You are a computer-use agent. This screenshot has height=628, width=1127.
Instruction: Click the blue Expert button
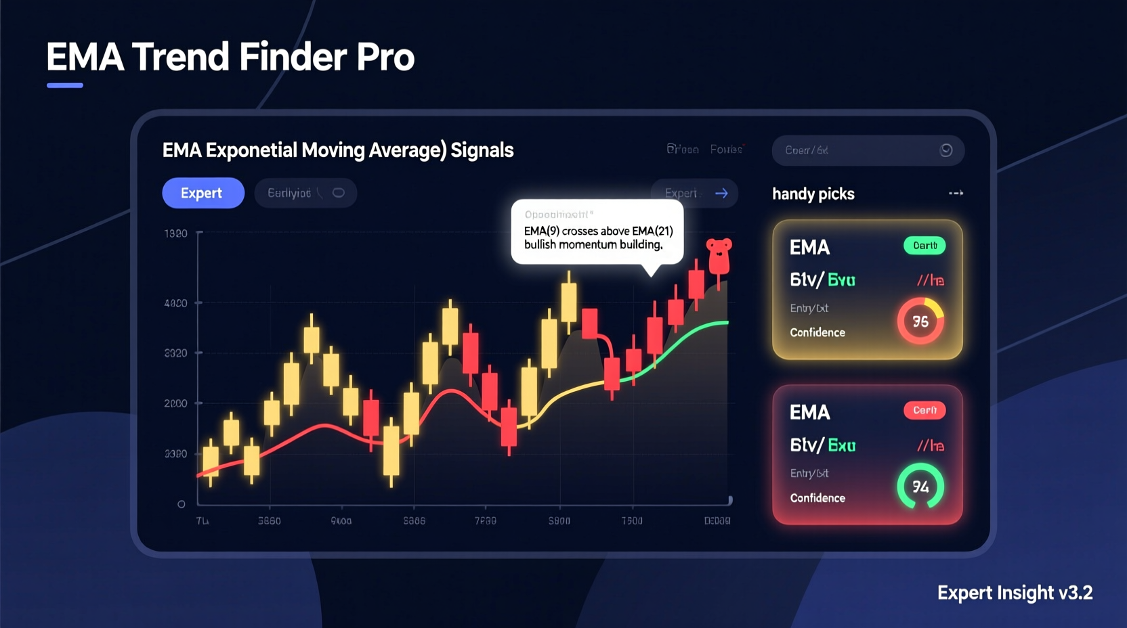click(203, 193)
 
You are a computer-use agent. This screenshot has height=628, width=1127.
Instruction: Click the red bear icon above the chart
click(719, 254)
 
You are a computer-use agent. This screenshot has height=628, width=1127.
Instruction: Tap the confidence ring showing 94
click(920, 486)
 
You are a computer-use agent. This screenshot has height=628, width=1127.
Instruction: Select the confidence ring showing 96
click(920, 321)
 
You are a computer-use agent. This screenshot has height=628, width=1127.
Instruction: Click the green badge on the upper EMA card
click(924, 246)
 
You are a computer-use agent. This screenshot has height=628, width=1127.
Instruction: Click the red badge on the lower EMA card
click(924, 410)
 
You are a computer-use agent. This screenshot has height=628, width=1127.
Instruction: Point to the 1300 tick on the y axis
click(176, 233)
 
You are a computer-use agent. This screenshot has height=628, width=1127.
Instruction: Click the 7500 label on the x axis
click(632, 520)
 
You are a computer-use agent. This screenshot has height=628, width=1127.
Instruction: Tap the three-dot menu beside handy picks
click(956, 194)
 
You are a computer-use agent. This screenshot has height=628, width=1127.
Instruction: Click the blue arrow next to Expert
click(721, 193)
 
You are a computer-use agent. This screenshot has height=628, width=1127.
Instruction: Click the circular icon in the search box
click(946, 150)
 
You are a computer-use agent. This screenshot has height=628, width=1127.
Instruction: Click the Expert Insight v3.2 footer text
click(1015, 593)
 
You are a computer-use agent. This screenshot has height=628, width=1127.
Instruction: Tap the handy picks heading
click(813, 194)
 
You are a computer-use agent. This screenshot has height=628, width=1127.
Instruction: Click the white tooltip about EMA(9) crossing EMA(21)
click(597, 232)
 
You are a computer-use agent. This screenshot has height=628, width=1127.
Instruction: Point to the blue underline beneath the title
click(65, 85)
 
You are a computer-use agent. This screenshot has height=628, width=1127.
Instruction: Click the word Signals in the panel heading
click(482, 150)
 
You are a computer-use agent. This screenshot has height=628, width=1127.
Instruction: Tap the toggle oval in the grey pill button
click(338, 193)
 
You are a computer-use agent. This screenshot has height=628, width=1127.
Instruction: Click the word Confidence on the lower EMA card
click(817, 498)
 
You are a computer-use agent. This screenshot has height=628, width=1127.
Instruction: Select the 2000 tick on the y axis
click(176, 403)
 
